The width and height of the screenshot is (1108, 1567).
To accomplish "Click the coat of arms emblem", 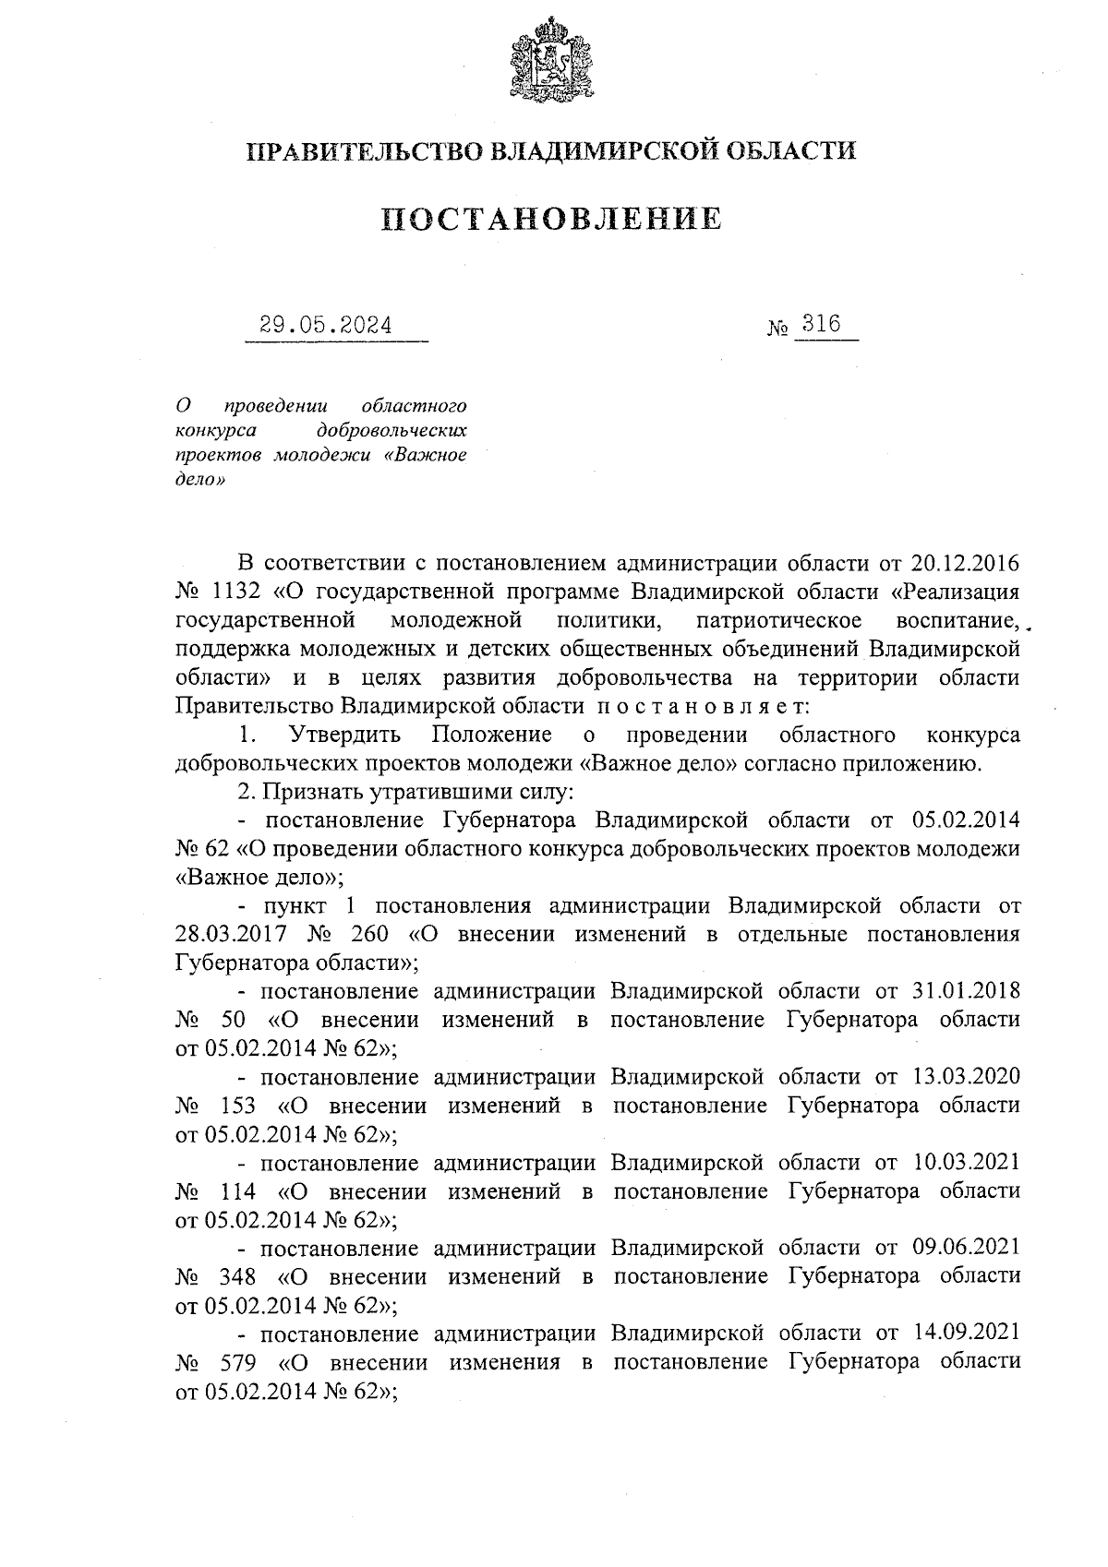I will click(552, 60).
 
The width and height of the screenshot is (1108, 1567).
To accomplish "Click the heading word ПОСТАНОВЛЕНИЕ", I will click(552, 219).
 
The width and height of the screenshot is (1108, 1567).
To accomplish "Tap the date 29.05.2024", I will click(325, 326).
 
